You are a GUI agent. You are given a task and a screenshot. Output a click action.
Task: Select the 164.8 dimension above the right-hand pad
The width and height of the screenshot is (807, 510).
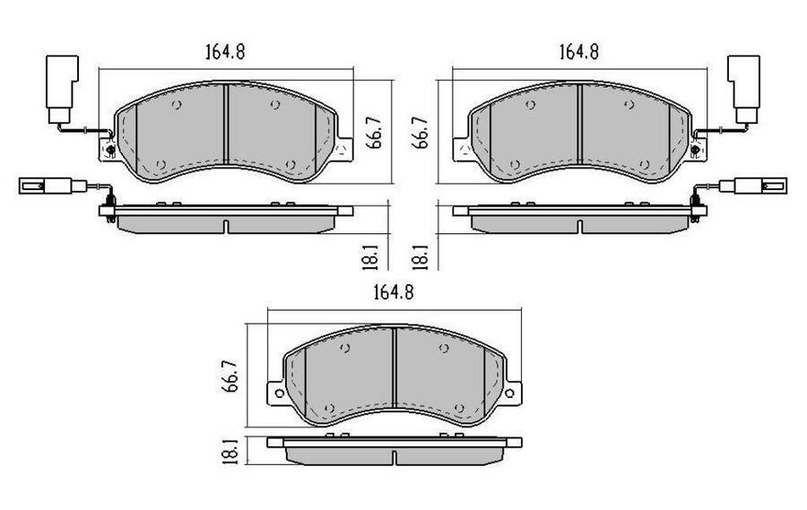coord(578,51)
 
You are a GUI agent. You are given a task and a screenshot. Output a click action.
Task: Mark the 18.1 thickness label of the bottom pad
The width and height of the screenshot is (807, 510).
coord(229,449)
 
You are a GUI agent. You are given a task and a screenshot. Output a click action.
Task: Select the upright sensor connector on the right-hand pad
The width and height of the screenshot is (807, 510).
coord(743,86)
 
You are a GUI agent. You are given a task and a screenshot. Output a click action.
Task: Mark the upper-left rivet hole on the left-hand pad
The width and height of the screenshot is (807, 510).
coord(177,105)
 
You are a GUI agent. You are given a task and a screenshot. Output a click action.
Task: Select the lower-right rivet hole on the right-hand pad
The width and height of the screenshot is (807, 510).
coord(646,164)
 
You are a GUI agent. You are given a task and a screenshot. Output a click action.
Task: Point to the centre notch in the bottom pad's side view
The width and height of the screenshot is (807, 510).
coord(395,458)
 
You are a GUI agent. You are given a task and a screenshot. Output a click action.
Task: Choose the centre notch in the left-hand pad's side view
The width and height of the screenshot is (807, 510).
coord(226,224)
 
